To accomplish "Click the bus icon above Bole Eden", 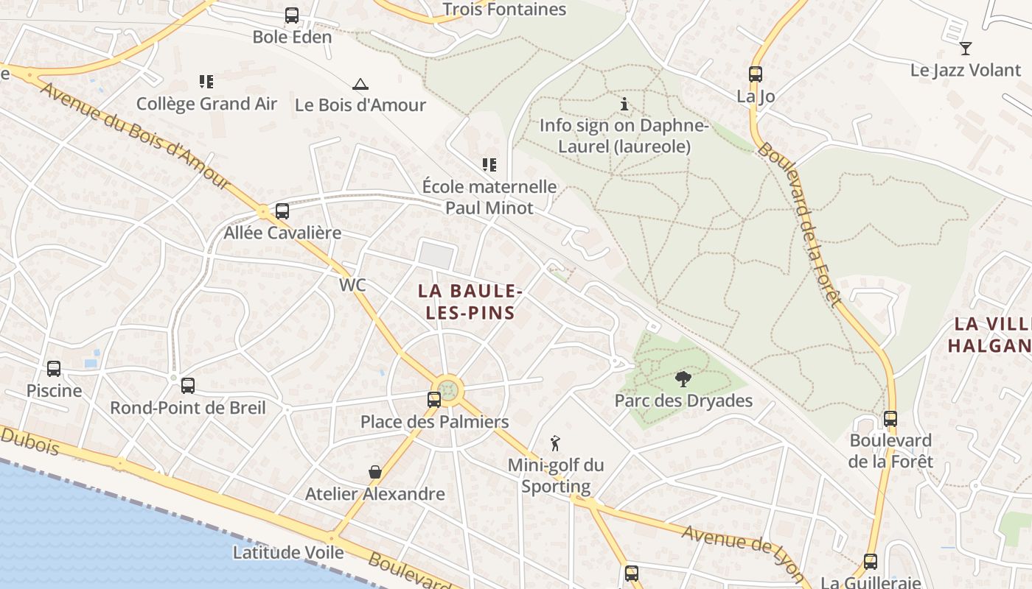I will point(292,15).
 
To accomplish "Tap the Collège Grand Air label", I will point(206,104).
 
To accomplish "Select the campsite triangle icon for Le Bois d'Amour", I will point(360,84).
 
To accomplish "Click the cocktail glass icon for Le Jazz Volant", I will point(966,49).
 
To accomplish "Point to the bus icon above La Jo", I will point(755,74).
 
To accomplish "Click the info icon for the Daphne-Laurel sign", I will point(624,105).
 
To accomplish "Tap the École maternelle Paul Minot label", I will point(489,197).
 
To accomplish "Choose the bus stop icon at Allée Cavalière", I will point(282,211).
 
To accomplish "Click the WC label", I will point(352,285).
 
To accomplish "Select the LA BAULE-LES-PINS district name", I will point(470,302).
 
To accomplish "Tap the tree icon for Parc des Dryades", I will point(683,379).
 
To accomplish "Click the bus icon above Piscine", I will point(54,368).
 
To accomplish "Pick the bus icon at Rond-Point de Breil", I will point(188,385).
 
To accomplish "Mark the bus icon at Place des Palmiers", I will point(434,400).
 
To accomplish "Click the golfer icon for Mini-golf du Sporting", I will point(556,443).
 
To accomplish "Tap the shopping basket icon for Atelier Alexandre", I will point(375,472).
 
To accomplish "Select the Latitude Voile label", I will point(288,552).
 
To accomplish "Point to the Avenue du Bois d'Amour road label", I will point(136,137).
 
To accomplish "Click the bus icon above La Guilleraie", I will point(871,562).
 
